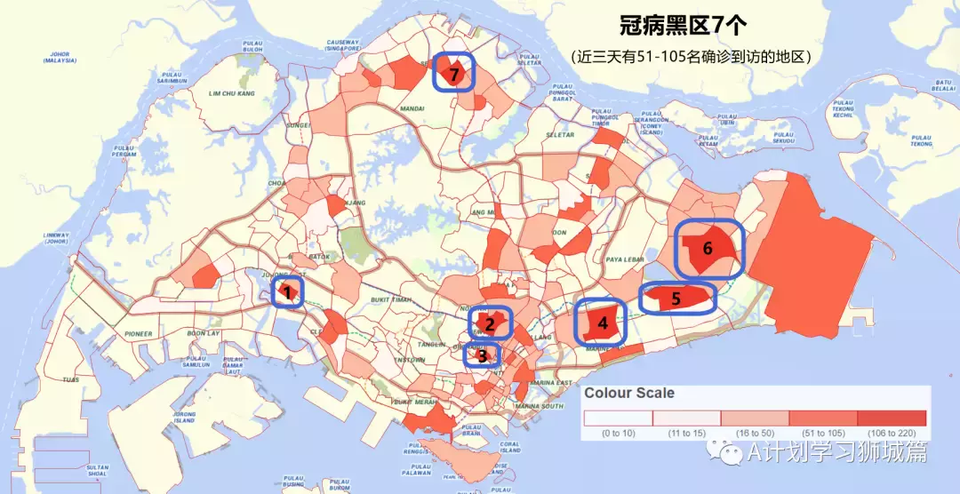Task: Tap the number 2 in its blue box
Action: pos(490,323)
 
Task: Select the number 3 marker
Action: pos(482,356)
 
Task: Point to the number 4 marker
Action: pos(603,323)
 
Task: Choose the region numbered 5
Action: pos(676,299)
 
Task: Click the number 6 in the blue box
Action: pos(708,248)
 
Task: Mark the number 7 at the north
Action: pos(454,75)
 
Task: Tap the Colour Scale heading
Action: pos(628,393)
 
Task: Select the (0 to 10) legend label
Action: pos(617,433)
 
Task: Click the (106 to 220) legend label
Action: pos(892,433)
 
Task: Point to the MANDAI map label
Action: pos(388,111)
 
